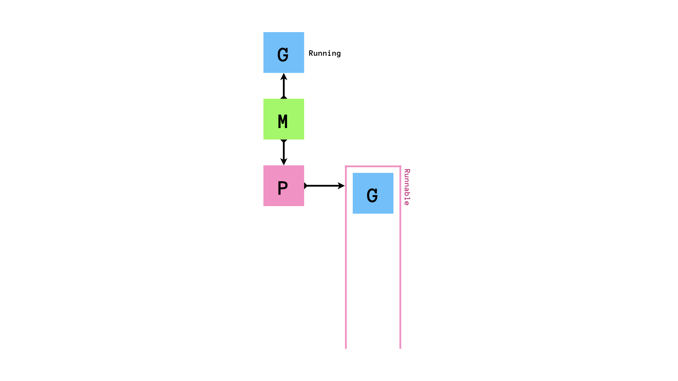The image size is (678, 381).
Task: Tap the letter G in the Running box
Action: pyautogui.click(x=283, y=55)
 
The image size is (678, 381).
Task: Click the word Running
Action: pyautogui.click(x=325, y=53)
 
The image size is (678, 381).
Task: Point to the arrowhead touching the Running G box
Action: pyautogui.click(x=284, y=76)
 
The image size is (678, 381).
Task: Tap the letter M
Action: pyautogui.click(x=283, y=122)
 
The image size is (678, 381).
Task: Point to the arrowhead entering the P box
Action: pyautogui.click(x=284, y=162)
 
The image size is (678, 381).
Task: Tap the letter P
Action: pyautogui.click(x=282, y=188)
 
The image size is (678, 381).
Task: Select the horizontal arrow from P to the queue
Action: pyautogui.click(x=323, y=186)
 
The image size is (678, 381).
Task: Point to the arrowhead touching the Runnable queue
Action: pyautogui.click(x=341, y=186)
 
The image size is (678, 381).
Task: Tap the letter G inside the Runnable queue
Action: pyautogui.click(x=372, y=195)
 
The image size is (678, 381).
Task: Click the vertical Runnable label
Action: pyautogui.click(x=407, y=187)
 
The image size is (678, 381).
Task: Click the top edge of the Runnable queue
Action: pyautogui.click(x=373, y=166)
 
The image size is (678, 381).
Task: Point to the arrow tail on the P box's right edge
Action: pyautogui.click(x=306, y=186)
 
